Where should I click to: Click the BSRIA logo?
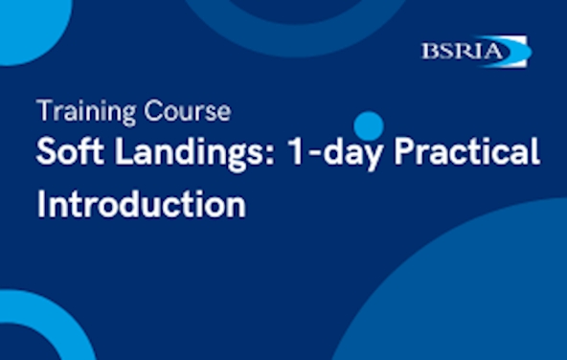coord(474,51)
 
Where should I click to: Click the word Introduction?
coord(141,204)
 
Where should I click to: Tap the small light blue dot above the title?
coord(368,125)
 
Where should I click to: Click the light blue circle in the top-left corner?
coord(24,24)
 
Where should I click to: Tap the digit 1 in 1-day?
coord(270,154)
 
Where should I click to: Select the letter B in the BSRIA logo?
coord(429,51)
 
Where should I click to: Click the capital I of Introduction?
coord(42,203)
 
